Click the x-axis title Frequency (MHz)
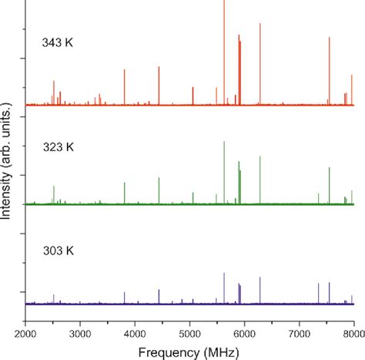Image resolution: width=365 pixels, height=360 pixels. [x=189, y=350]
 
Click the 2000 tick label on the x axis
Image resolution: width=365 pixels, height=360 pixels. [x=25, y=333]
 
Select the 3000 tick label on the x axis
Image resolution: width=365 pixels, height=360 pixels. [x=80, y=333]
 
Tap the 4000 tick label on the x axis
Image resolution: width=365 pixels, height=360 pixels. [x=135, y=333]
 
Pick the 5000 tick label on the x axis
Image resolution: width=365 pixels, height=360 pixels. [x=190, y=333]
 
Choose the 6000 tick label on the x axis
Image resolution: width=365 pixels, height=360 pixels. [x=245, y=333]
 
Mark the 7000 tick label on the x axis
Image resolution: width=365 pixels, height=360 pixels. [x=300, y=333]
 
